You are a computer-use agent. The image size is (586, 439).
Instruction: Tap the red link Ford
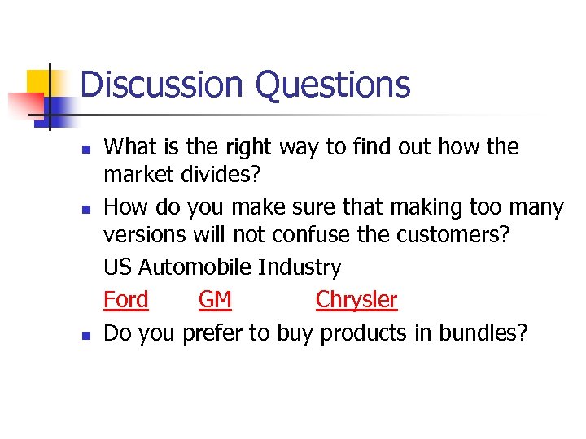click(126, 300)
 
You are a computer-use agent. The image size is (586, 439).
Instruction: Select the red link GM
click(215, 300)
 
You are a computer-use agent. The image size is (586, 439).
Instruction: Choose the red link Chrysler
click(356, 300)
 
